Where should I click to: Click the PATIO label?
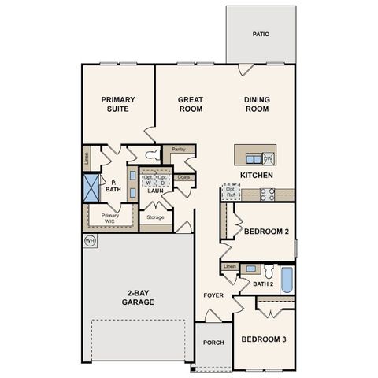click(x=261, y=35)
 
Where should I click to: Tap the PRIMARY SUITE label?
click(x=118, y=104)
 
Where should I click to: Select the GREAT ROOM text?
click(x=191, y=104)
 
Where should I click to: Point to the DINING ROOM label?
click(x=257, y=104)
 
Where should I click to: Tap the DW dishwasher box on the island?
click(x=268, y=157)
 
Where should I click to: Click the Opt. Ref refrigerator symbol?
click(x=232, y=192)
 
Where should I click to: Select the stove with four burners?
click(x=267, y=193)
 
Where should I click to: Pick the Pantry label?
click(x=178, y=148)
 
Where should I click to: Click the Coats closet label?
click(x=183, y=177)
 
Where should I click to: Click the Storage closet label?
click(x=155, y=217)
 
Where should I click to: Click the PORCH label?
click(x=213, y=343)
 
